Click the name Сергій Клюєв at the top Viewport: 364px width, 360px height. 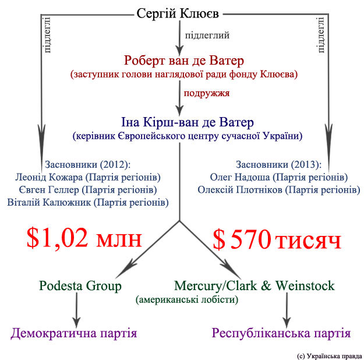tap(178, 13)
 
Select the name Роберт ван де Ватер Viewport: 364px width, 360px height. tap(184, 61)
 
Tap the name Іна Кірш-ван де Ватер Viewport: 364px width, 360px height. tap(188, 122)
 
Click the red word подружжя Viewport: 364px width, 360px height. tap(207, 93)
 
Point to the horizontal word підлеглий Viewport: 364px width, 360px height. tap(207, 36)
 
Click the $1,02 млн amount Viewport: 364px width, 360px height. tap(84, 238)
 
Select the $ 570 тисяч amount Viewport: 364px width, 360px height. tap(277, 239)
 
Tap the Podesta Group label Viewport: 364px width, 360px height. tap(80, 286)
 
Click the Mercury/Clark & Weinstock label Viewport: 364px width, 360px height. tap(255, 285)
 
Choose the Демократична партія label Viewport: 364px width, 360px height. tap(74, 333)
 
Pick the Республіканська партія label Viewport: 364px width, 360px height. tap(281, 333)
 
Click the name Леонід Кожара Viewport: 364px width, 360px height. tap(49, 178)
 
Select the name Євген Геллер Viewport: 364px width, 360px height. tap(49, 190)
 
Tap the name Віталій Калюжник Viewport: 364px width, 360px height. tap(49, 202)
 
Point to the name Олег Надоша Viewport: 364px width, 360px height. tap(240, 178)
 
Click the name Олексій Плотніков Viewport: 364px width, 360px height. tap(240, 190)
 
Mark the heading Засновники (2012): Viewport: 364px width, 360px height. tap(88, 165)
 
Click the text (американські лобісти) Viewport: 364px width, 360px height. tap(187, 300)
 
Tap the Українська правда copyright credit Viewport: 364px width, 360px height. tap(330, 356)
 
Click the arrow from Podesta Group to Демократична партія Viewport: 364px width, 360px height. tap(77, 310)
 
